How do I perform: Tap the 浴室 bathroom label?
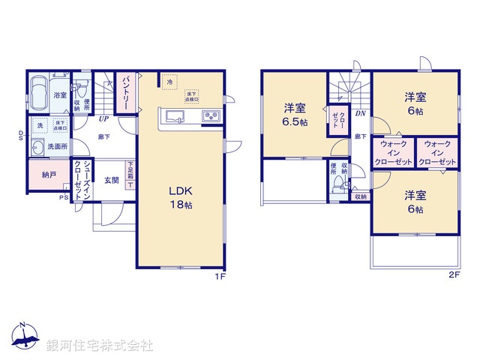pos(59,95)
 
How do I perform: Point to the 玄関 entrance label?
pos(111,180)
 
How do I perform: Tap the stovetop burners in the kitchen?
pos(209,116)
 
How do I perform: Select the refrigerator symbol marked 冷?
pos(170,82)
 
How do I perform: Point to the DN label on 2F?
pos(360,115)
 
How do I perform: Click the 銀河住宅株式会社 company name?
pos(99,346)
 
